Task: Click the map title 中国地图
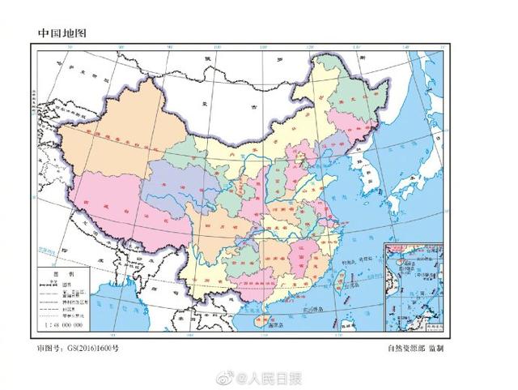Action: point(62,33)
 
